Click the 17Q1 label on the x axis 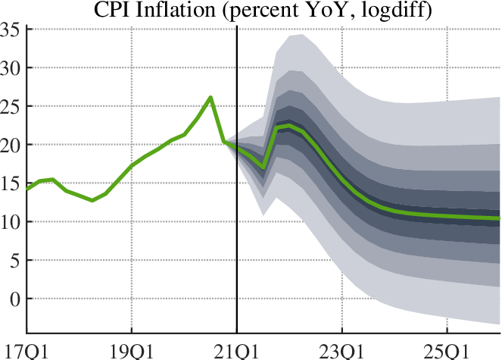pyautogui.click(x=20, y=350)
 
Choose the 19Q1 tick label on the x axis pyautogui.click(x=132, y=350)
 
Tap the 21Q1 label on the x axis pyautogui.click(x=237, y=350)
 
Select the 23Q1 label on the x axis pyautogui.click(x=342, y=350)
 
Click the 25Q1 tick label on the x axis pyautogui.click(x=447, y=350)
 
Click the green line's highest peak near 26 pyautogui.click(x=210, y=97)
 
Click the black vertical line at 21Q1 pyautogui.click(x=237, y=227)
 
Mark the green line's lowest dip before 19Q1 pyautogui.click(x=92, y=200)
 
